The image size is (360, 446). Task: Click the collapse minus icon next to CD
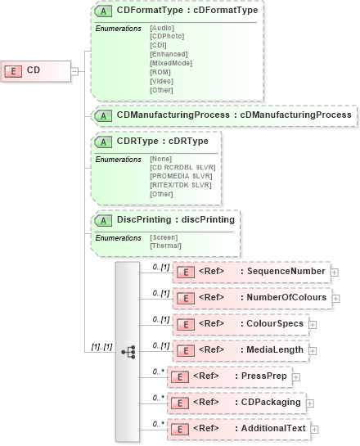click(x=74, y=70)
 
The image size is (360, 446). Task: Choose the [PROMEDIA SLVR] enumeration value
click(x=181, y=175)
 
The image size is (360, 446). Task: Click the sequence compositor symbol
click(x=128, y=349)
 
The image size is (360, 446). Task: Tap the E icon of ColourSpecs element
click(x=185, y=324)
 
